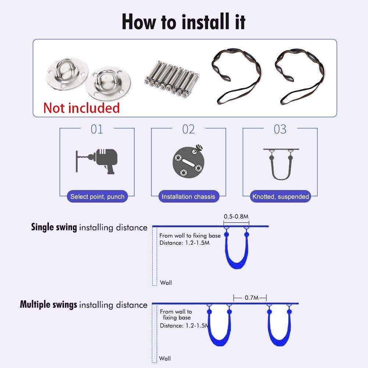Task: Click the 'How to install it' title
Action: tap(183, 22)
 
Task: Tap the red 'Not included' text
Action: tap(82, 108)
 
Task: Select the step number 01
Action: tap(97, 129)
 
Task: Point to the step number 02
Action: tap(189, 129)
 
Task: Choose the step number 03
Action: tap(280, 129)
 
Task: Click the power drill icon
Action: tap(97, 161)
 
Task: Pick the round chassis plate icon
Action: tap(189, 161)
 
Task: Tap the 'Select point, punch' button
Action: tap(97, 196)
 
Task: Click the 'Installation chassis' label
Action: tap(189, 196)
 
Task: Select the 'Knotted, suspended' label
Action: tap(281, 196)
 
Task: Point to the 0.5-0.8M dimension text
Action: tap(236, 217)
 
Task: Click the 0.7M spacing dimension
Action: tap(251, 297)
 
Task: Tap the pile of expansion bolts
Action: tap(172, 79)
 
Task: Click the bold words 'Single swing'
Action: tap(54, 227)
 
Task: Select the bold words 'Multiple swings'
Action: tap(49, 304)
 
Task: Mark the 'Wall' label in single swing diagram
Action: tap(166, 283)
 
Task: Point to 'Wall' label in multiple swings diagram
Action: tap(165, 358)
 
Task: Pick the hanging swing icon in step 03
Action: tap(281, 164)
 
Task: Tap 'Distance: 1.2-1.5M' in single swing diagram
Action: tap(185, 243)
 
